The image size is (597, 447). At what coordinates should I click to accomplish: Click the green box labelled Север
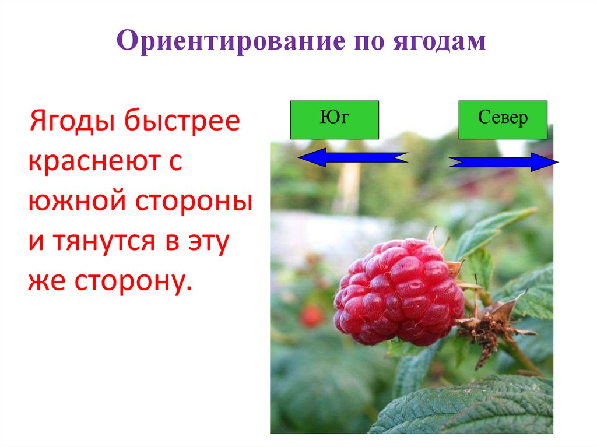pyautogui.click(x=503, y=119)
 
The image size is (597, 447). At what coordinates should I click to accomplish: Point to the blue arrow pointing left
pyautogui.click(x=352, y=157)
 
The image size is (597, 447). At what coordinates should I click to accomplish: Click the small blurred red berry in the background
pyautogui.click(x=312, y=315)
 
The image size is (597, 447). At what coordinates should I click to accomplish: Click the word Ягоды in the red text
pyautogui.click(x=69, y=124)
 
